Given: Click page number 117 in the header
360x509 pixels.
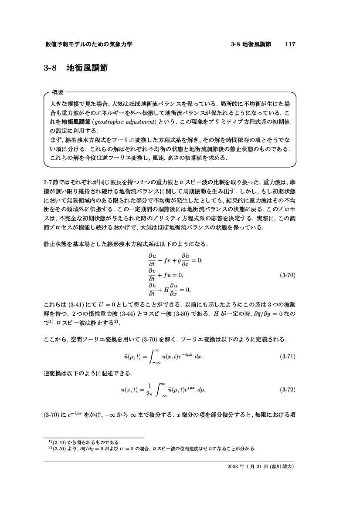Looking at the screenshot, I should (x=290, y=44).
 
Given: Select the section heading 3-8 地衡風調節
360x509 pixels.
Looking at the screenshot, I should (x=76, y=68).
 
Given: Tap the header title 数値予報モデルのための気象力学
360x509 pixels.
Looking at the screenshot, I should (x=88, y=44).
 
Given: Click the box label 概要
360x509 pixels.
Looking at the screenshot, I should (x=58, y=92).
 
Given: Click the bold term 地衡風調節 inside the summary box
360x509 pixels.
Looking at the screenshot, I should (x=75, y=121).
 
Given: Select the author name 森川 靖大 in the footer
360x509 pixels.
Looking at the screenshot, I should (x=283, y=467).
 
